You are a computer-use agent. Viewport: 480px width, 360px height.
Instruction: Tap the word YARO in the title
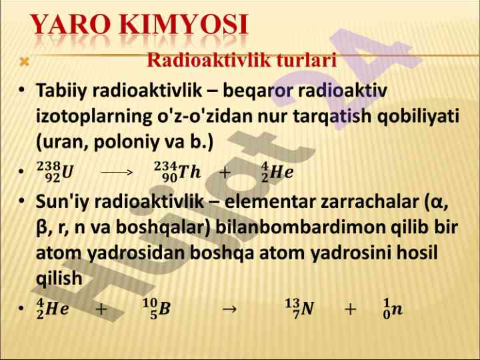(71, 24)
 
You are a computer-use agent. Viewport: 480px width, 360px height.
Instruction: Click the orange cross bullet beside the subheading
(25, 62)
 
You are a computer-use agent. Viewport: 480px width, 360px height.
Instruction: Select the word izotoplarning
(94, 117)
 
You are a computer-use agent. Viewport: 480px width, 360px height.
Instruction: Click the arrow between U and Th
(117, 173)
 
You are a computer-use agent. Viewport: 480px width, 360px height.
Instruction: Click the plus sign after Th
(225, 173)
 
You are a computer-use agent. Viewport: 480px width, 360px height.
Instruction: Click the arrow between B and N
(229, 309)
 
